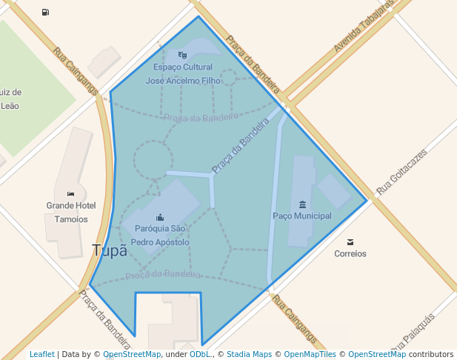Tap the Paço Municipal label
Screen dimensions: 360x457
click(302, 216)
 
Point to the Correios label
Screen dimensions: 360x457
click(350, 253)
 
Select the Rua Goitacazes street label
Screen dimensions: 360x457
click(401, 173)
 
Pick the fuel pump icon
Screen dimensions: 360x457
click(46, 12)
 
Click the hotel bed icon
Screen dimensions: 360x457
click(70, 194)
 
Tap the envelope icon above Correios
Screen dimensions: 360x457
click(350, 241)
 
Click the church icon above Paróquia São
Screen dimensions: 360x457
click(160, 217)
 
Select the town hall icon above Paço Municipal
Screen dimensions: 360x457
click(302, 204)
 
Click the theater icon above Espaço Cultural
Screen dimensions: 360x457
click(183, 55)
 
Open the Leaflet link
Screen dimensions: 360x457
click(42, 354)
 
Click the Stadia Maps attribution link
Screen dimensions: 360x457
click(249, 354)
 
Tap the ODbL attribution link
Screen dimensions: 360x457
click(200, 354)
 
